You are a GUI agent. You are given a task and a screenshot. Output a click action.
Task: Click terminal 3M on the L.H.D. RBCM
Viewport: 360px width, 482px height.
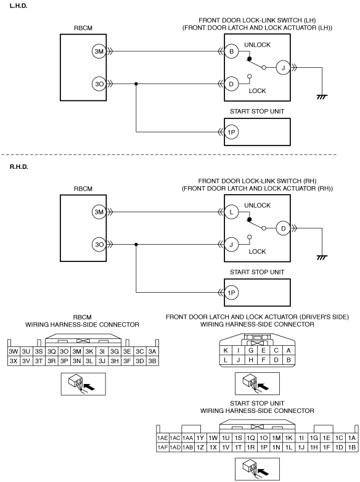[x=99, y=51]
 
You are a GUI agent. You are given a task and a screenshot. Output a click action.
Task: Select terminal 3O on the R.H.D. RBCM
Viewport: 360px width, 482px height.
[x=99, y=245]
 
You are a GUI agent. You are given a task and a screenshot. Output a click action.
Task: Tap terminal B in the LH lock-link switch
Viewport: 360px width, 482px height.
[x=232, y=51]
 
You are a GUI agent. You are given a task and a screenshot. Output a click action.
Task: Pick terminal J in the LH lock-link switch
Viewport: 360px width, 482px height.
[x=283, y=68]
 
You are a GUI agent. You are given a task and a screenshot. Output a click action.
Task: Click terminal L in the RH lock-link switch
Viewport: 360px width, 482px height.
[x=232, y=212]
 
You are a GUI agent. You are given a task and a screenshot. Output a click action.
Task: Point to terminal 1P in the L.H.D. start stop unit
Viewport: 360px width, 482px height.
[x=232, y=132]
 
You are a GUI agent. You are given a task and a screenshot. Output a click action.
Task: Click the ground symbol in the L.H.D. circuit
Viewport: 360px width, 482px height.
[x=322, y=97]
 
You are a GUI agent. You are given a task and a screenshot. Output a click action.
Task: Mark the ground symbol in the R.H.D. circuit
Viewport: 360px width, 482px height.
[x=322, y=258]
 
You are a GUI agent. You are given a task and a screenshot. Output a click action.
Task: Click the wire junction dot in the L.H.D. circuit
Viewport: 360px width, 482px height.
[x=136, y=84]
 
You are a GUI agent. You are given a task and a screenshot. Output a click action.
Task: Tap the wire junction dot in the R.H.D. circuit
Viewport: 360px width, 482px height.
[x=136, y=244]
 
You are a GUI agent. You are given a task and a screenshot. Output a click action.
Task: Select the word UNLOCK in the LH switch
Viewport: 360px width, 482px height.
[x=257, y=45]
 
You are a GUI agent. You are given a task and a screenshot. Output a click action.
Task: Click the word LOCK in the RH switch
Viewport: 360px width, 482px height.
[x=257, y=251]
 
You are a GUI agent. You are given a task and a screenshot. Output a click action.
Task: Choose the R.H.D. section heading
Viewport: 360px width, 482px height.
[x=19, y=167]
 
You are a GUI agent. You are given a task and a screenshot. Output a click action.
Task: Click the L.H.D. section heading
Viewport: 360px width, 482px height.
[x=18, y=6]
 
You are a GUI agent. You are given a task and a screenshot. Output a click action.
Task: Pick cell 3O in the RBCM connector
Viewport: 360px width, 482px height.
[x=64, y=351]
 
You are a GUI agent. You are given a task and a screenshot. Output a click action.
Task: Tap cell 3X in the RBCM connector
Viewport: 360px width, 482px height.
[x=14, y=361]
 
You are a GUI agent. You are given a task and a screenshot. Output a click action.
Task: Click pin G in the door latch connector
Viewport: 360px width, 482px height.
[x=251, y=351]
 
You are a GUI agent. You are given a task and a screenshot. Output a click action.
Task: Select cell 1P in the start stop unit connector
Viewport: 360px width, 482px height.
[x=263, y=447]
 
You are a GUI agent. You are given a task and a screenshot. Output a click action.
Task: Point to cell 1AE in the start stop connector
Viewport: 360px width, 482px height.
[x=163, y=438]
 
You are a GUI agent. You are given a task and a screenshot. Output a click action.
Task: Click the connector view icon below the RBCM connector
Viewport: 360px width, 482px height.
[x=83, y=384]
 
